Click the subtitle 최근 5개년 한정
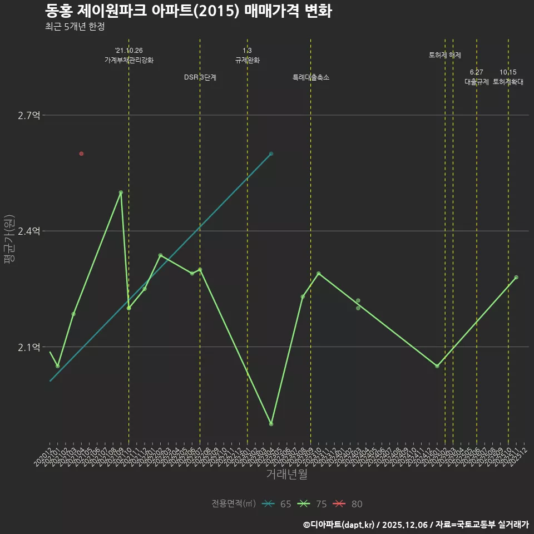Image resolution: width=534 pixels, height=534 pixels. [x=75, y=26]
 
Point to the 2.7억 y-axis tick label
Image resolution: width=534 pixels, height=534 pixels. [x=29, y=115]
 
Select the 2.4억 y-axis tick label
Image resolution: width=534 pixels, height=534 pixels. [x=29, y=231]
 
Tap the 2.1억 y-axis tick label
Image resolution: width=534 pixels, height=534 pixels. [x=29, y=347]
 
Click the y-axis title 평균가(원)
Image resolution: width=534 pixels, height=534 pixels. [x=9, y=239]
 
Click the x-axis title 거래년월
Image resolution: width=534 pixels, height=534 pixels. [x=286, y=474]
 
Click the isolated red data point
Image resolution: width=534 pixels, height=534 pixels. [x=81, y=154]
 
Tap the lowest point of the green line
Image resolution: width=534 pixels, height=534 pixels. [x=271, y=424]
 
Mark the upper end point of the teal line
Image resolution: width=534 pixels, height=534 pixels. [x=271, y=154]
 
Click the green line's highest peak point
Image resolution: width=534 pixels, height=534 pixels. [x=121, y=192]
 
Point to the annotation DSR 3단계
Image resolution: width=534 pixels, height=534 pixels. [x=200, y=78]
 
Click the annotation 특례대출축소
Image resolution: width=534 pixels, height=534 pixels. [x=311, y=78]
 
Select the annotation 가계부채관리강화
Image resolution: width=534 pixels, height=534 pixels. [x=129, y=60]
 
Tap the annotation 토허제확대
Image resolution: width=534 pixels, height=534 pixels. [x=508, y=82]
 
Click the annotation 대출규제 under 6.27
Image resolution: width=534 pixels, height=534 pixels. [x=477, y=82]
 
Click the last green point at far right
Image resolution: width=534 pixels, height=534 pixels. [x=516, y=277]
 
